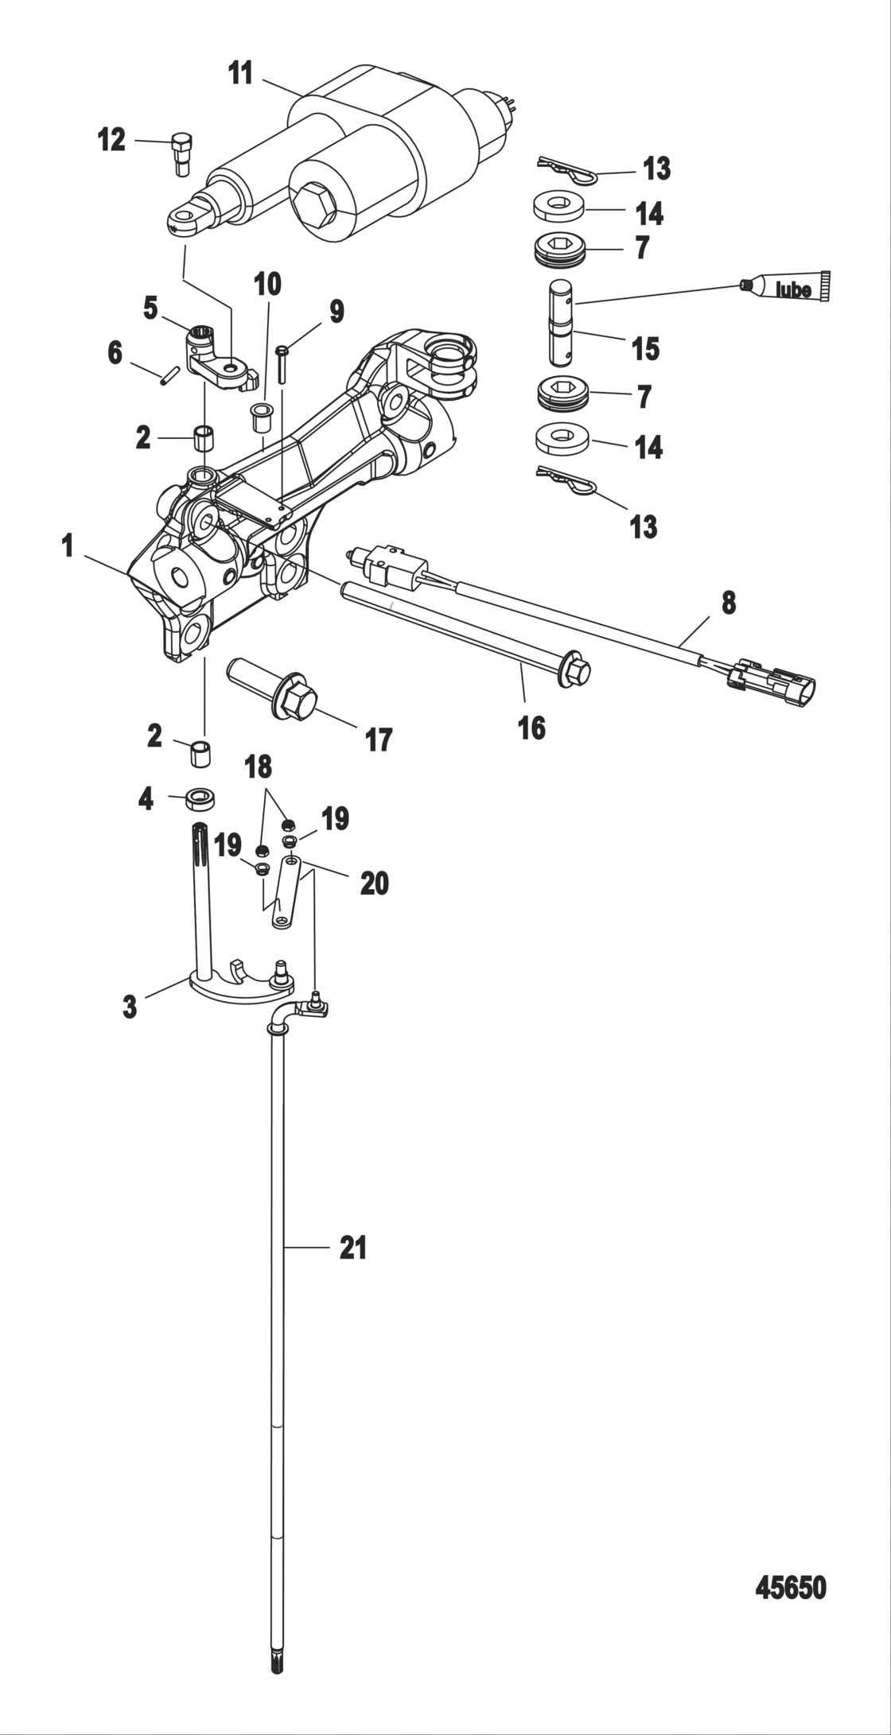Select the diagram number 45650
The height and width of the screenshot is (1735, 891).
pos(790,1588)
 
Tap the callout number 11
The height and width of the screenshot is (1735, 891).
pos(240,73)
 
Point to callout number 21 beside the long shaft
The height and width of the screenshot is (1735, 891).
pos(353,1248)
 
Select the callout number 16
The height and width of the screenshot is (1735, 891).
pos(531,727)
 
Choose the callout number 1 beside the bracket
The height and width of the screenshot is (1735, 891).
pos(68,546)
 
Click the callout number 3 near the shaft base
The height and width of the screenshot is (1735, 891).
pos(130,1007)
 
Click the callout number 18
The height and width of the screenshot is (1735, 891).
pos(258,767)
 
